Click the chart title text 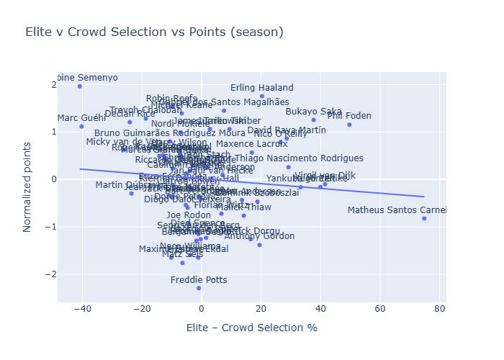(x=154, y=32)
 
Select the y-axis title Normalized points (x=27, y=186)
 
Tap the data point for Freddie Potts (x=199, y=288)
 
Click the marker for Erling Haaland (x=262, y=96)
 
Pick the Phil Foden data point (x=349, y=125)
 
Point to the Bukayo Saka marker (x=314, y=120)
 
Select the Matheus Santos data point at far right (x=424, y=218)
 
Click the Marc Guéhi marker (x=81, y=126)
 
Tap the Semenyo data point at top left (x=79, y=86)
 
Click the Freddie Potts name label (x=199, y=280)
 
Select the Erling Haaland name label (x=262, y=88)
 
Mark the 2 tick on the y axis (x=53, y=84)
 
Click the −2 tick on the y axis (x=50, y=274)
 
